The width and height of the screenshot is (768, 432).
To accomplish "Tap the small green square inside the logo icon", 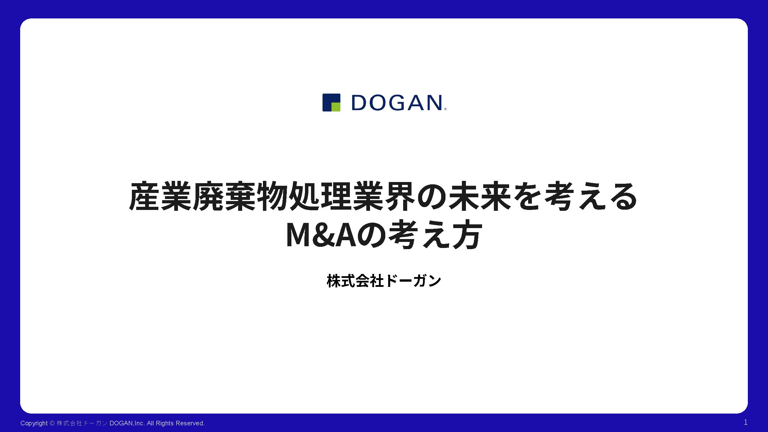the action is coord(336,107).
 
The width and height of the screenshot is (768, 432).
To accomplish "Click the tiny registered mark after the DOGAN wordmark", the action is coord(445,109).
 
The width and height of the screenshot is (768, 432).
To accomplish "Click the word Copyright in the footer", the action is coord(34,423).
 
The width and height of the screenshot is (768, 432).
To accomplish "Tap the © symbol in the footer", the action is coord(52,423).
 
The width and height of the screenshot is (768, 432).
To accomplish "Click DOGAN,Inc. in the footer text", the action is coord(127,423).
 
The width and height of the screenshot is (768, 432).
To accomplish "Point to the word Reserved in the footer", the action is coord(190,423).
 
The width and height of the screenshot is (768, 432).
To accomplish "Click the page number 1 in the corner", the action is coord(746,422).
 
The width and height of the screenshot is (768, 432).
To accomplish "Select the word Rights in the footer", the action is coord(165,423).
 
